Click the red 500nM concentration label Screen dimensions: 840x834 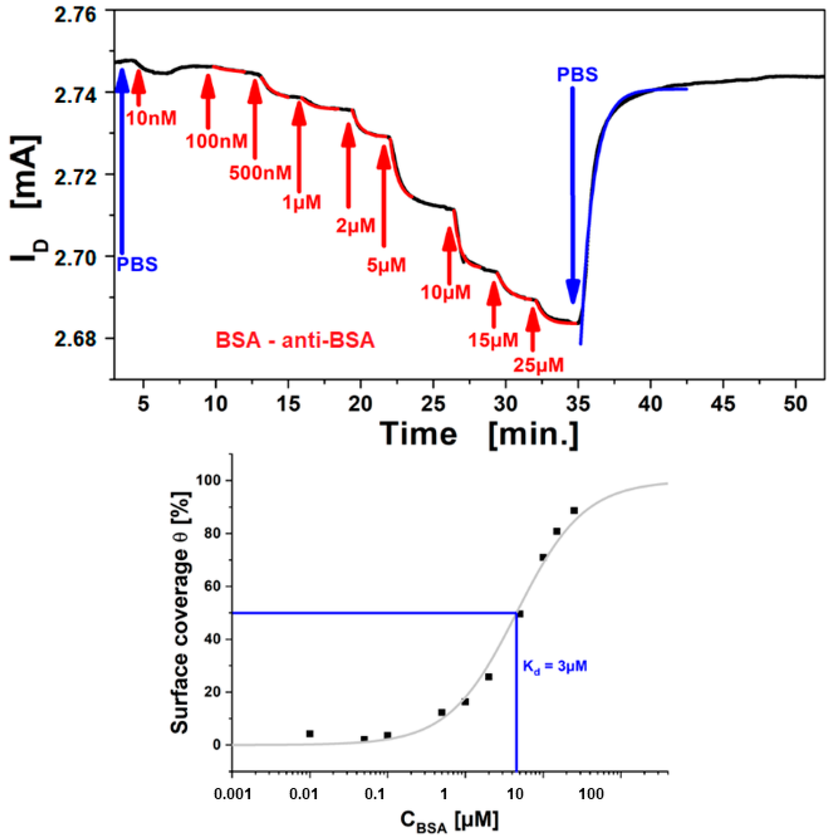click(x=260, y=173)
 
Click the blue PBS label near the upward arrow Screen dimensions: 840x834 click(x=137, y=264)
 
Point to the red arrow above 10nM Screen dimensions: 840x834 click(x=138, y=87)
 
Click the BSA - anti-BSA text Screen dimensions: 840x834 click(x=295, y=340)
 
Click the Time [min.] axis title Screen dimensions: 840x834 click(x=480, y=433)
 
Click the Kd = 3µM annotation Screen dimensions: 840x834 click(x=555, y=666)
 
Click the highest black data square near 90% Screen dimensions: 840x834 click(x=574, y=510)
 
